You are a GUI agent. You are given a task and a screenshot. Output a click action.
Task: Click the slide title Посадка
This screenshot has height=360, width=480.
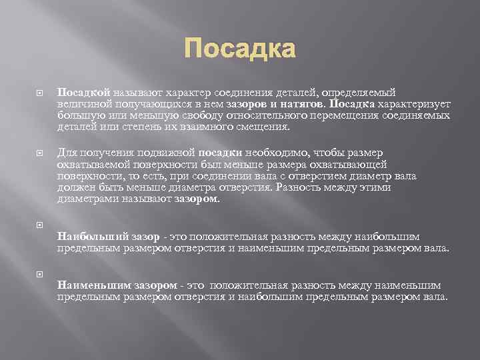[x=239, y=49]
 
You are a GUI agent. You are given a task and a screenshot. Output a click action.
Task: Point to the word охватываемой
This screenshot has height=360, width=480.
[x=90, y=164]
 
